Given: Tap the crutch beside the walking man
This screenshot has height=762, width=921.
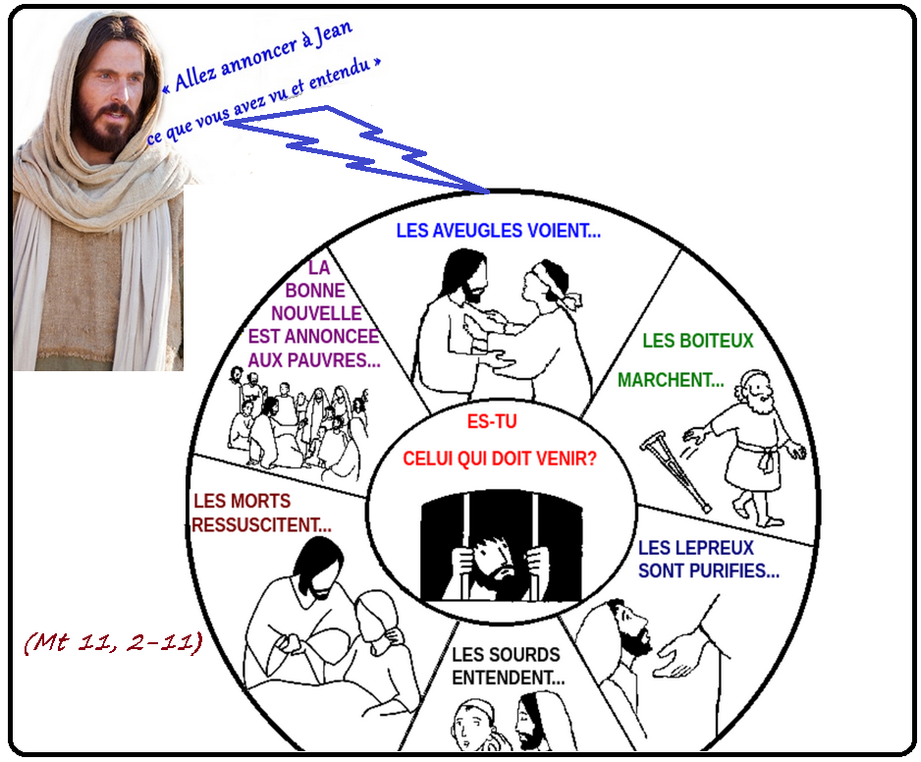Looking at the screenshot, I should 677,471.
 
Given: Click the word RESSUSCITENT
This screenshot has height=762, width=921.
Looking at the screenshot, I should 261,525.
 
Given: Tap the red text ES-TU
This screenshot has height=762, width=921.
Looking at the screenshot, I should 491,423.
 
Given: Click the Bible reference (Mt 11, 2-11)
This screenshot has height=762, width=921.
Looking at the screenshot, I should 112,643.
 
